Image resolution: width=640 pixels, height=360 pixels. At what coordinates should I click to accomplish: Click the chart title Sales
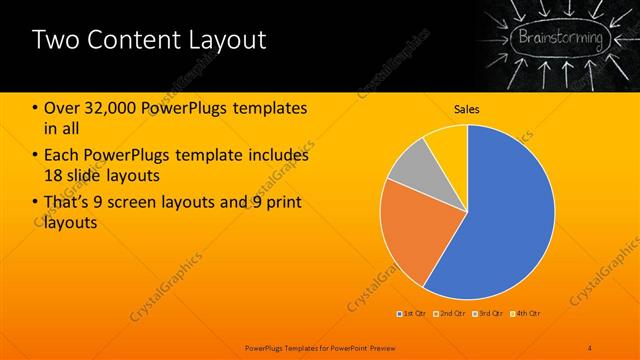[x=467, y=109]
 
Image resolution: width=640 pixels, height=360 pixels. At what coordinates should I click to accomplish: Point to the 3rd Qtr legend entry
[x=490, y=314]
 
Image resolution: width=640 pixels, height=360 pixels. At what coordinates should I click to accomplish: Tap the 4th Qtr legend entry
[x=527, y=314]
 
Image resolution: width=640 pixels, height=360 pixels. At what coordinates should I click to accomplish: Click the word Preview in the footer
[x=381, y=346]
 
